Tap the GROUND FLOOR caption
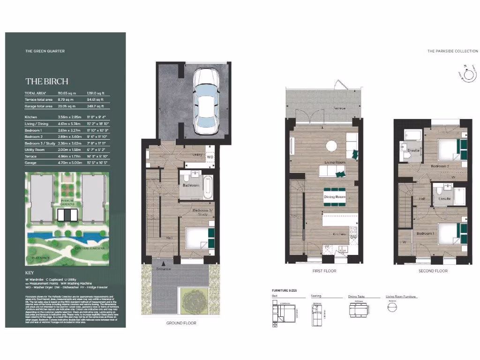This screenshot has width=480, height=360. tap(181, 323)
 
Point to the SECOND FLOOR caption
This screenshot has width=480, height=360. tap(433, 271)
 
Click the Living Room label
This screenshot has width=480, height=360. tap(335, 163)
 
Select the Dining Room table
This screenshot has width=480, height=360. tap(335, 196)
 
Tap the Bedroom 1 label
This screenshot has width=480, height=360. tap(426, 233)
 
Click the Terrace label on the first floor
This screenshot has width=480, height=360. tap(339, 108)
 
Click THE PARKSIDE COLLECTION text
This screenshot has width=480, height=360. tap(452, 51)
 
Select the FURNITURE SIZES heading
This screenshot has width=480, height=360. tap(284, 291)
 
